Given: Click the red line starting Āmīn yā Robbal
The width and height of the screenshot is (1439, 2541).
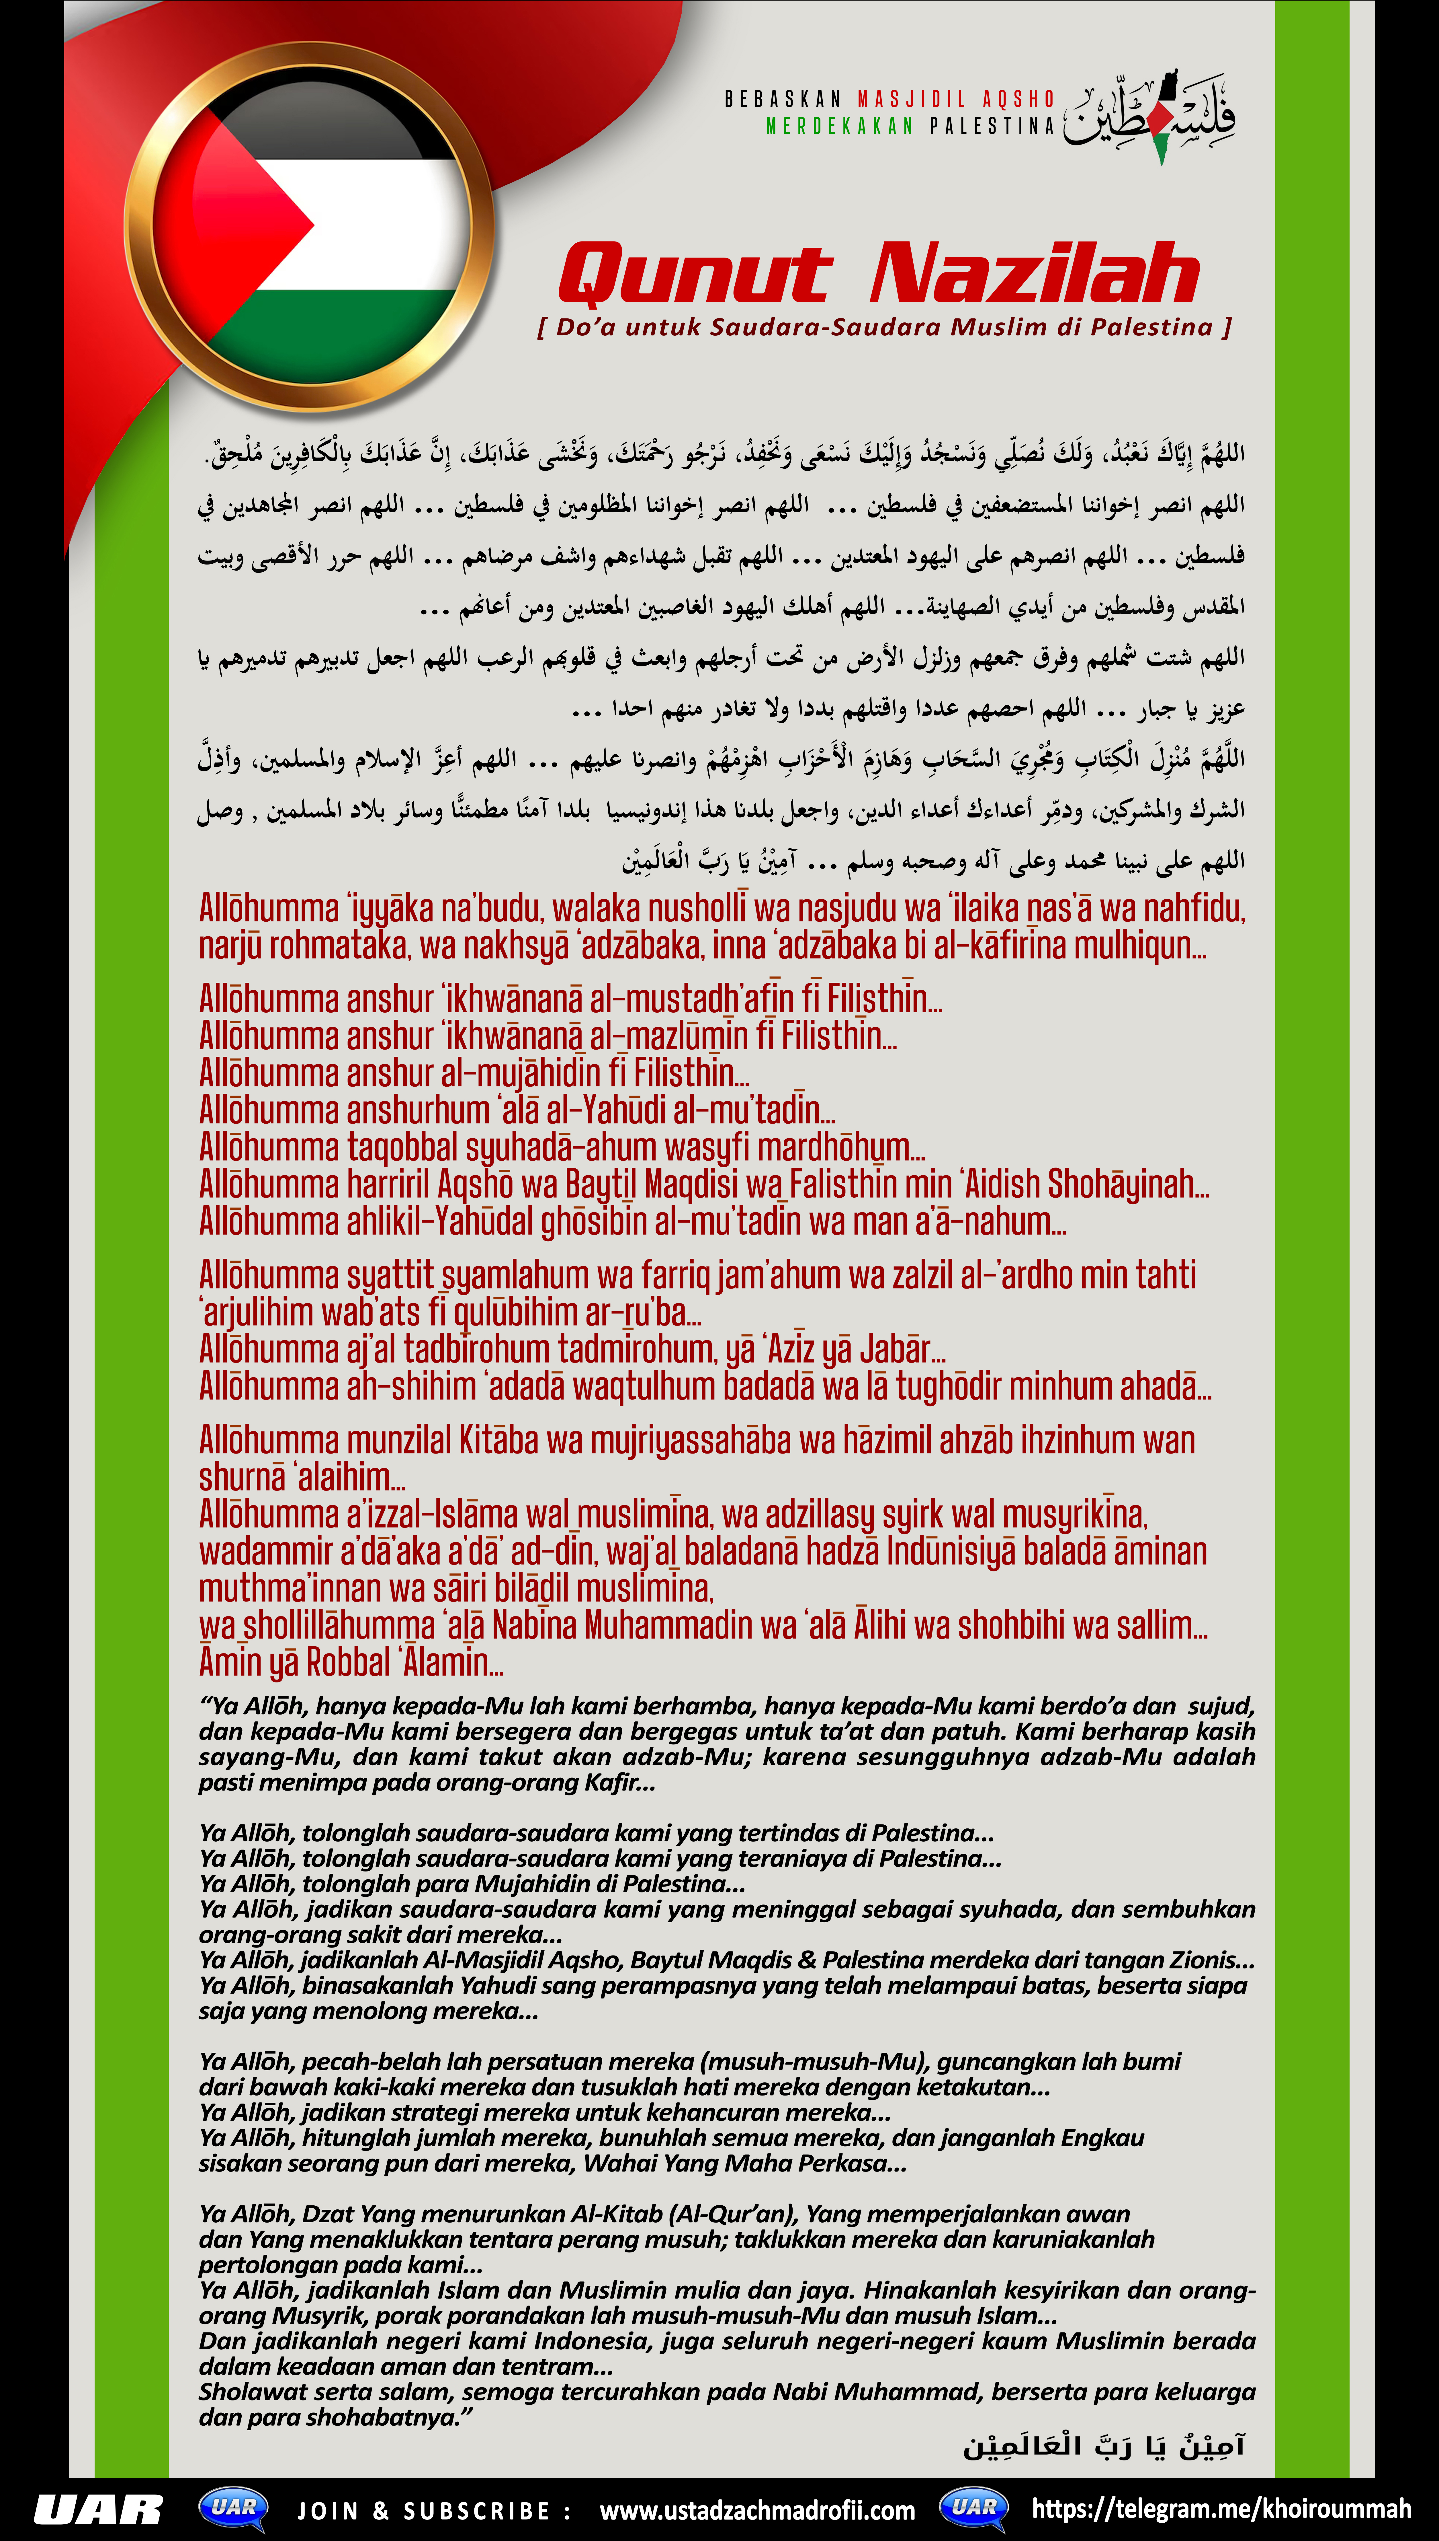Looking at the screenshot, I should tap(351, 1662).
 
